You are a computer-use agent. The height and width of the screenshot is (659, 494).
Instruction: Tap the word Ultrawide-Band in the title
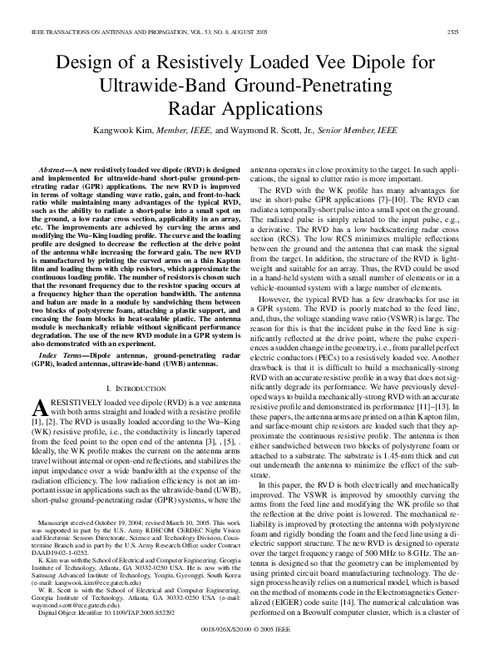point(186,85)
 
